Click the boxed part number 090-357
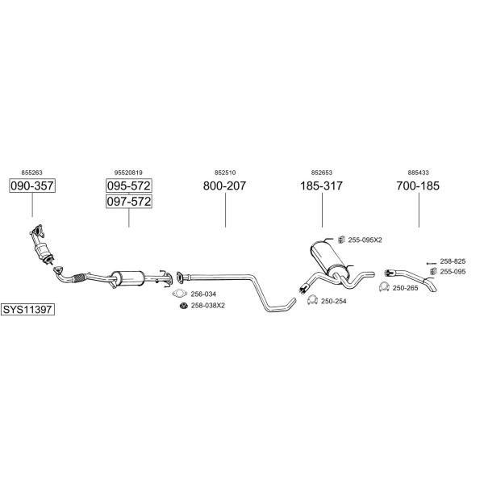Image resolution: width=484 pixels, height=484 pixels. (x=31, y=186)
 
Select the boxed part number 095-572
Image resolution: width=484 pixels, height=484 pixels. (x=128, y=186)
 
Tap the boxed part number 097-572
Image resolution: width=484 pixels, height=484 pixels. (x=128, y=202)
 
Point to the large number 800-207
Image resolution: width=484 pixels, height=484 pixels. (x=224, y=186)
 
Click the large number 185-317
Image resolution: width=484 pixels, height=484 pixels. (x=321, y=186)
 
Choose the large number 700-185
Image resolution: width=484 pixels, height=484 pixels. (x=418, y=186)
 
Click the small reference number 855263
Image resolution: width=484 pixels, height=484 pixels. (x=31, y=173)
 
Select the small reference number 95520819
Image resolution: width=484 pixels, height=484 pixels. (x=128, y=173)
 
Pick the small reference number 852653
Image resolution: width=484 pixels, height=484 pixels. (x=321, y=173)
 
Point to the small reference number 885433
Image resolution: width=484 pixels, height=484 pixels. (x=418, y=173)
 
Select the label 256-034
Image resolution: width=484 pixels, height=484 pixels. (x=203, y=294)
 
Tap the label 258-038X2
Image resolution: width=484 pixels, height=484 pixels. (x=207, y=306)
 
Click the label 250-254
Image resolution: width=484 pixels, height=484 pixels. (x=334, y=301)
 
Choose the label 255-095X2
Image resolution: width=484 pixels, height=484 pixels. (x=365, y=240)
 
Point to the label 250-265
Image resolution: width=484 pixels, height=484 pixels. (x=405, y=288)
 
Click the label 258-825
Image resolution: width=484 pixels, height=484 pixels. (x=453, y=261)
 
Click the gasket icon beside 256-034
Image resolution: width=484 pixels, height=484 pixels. (x=181, y=294)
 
